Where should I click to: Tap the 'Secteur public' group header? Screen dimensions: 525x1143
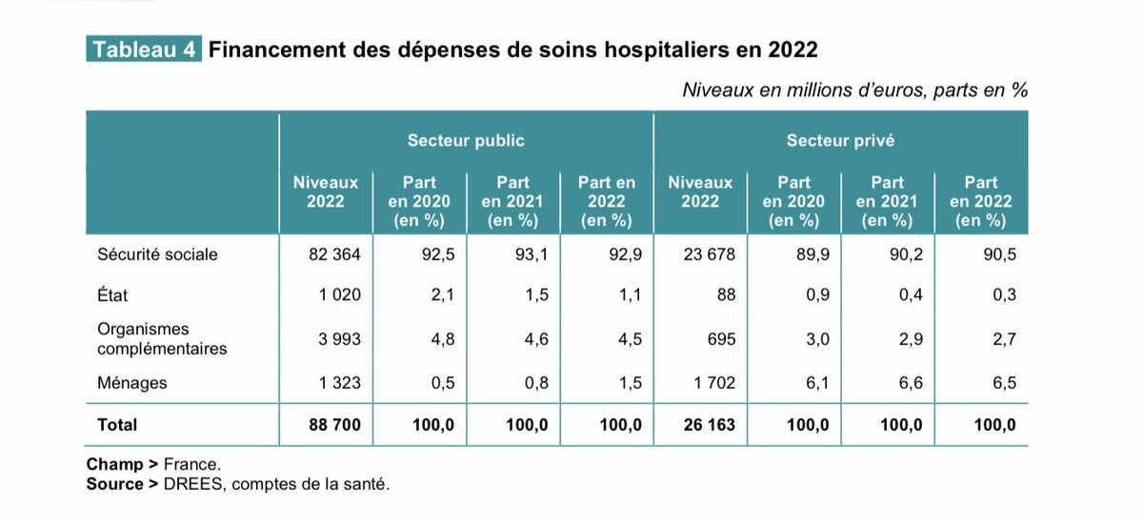point(466,141)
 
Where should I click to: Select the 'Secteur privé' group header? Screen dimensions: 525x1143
point(840,141)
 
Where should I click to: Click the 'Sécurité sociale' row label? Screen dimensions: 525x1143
point(157,255)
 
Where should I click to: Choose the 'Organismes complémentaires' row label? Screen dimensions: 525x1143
point(162,339)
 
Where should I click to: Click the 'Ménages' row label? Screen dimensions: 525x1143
point(131,383)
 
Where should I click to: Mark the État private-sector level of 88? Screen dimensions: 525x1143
point(726,296)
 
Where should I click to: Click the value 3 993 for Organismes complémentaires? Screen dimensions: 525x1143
point(338,339)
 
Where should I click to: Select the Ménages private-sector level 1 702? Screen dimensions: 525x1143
point(711,383)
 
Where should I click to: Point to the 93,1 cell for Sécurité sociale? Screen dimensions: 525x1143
point(531,255)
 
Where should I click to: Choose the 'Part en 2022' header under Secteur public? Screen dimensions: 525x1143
point(607,201)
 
